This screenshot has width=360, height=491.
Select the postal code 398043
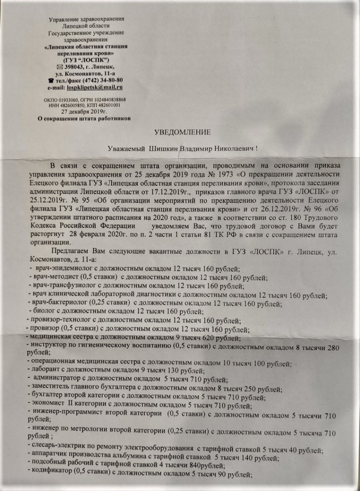[x=72, y=67]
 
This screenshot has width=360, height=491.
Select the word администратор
[x=57, y=379]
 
